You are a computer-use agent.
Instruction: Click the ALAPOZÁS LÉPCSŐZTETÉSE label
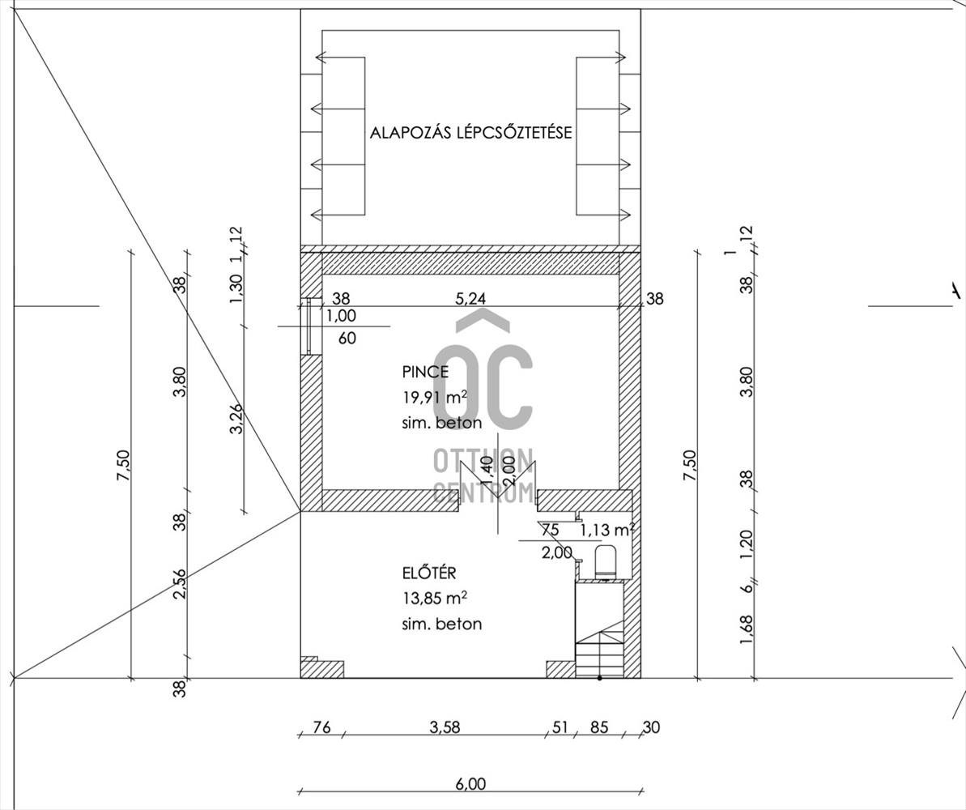click(470, 133)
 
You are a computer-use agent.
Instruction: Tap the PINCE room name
click(425, 372)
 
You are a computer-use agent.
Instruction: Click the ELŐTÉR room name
click(429, 573)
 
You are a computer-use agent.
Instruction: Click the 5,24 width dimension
click(470, 298)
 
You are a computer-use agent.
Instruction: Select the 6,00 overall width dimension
click(470, 783)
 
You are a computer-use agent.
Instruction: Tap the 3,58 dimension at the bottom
click(445, 727)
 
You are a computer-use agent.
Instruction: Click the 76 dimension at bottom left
click(321, 727)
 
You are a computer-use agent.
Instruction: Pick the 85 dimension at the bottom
click(598, 727)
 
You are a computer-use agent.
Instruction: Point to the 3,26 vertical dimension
click(236, 418)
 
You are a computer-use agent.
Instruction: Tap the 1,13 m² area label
click(606, 531)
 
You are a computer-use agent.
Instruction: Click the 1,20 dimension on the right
click(746, 544)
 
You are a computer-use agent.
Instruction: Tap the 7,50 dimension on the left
click(123, 466)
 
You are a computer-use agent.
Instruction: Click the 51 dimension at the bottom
click(560, 727)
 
